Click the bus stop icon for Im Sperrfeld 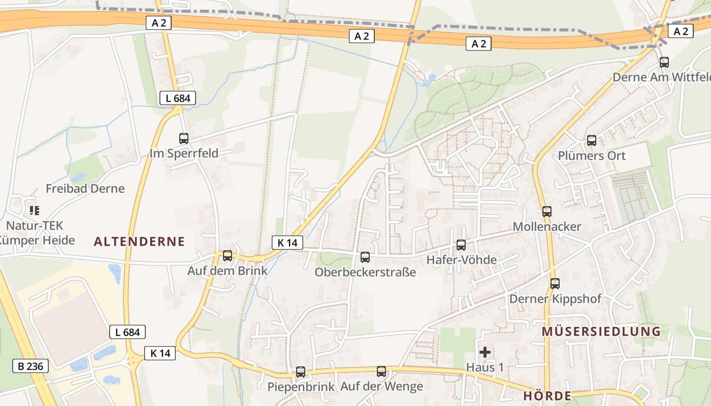tap(184, 138)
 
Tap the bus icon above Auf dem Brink tap(228, 255)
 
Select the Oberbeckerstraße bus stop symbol tap(365, 257)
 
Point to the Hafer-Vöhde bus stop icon tap(461, 245)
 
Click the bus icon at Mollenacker tap(547, 212)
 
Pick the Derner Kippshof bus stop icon tap(555, 284)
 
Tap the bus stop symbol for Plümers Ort tap(592, 141)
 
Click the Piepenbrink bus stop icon tap(301, 372)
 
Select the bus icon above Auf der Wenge tap(381, 371)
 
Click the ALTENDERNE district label tap(140, 242)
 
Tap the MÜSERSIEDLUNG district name tap(601, 332)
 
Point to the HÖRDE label tap(547, 396)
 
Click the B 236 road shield tap(30, 365)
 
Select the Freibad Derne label tap(85, 189)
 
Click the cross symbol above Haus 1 tap(485, 352)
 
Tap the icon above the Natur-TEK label tap(35, 210)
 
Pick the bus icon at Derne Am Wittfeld tap(664, 62)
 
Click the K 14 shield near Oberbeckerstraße tap(287, 243)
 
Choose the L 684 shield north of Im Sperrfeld tap(178, 98)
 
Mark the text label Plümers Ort tap(592, 156)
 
